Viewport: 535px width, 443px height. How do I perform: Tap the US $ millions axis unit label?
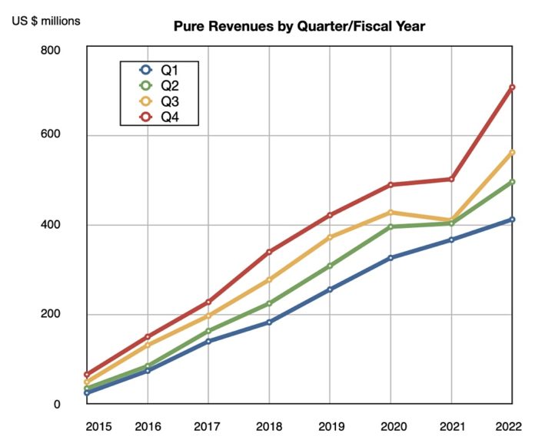tap(45, 20)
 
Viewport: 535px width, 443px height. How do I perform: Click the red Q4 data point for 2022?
tap(512, 87)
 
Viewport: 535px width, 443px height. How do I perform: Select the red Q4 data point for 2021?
tap(451, 180)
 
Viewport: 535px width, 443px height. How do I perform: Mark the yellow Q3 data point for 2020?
tap(390, 212)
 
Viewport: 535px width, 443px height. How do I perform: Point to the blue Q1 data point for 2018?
tap(269, 322)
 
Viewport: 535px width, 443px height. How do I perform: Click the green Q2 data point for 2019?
tap(330, 266)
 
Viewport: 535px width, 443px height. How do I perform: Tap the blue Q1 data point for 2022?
tap(512, 220)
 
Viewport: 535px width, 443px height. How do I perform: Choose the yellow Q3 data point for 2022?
tap(512, 152)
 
